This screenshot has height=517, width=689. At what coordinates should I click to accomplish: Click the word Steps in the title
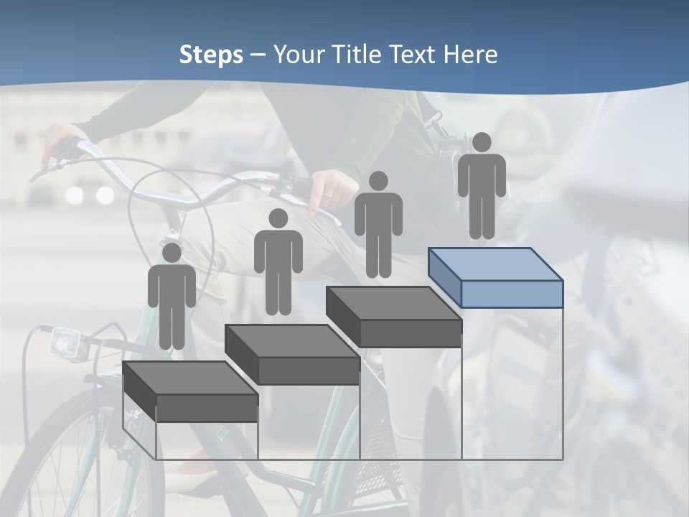click(211, 55)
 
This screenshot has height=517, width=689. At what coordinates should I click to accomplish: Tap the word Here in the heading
click(470, 55)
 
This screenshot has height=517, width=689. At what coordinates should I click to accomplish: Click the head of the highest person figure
click(482, 142)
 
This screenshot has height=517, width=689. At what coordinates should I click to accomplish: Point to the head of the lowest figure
click(172, 253)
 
